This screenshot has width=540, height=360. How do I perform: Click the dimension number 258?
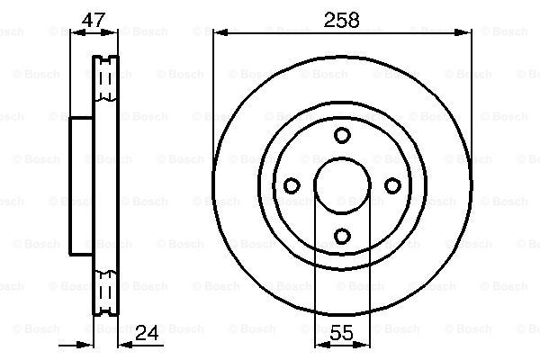341,20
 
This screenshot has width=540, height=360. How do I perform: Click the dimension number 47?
93,20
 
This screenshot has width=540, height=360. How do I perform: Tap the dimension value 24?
147,333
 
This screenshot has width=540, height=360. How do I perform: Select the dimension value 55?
341,333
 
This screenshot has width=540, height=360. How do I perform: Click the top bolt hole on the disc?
342,135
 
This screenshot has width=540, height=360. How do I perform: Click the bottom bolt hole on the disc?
342,237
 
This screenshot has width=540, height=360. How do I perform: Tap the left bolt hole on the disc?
292,185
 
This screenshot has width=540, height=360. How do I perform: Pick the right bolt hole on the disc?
392,185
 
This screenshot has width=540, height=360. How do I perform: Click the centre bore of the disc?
342,185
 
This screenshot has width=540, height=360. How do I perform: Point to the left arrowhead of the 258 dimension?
220,32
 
